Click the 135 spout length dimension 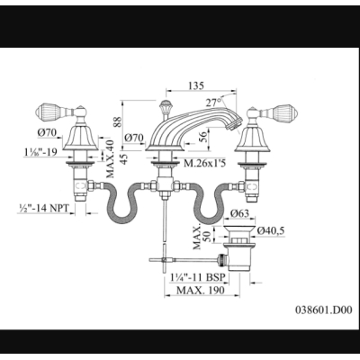(196, 85)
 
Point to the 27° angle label (213, 103)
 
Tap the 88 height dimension (118, 122)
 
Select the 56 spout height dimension (203, 137)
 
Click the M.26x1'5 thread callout (205, 163)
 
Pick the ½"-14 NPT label (43, 208)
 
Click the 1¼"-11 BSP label (197, 277)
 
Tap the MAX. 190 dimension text (200, 291)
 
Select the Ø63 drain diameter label (240, 213)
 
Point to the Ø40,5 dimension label (271, 230)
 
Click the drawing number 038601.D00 (324, 310)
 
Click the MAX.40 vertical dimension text (110, 158)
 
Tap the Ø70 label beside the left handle (48, 132)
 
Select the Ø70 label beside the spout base (134, 138)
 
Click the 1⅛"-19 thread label (40, 152)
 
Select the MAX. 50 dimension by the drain (201, 238)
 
